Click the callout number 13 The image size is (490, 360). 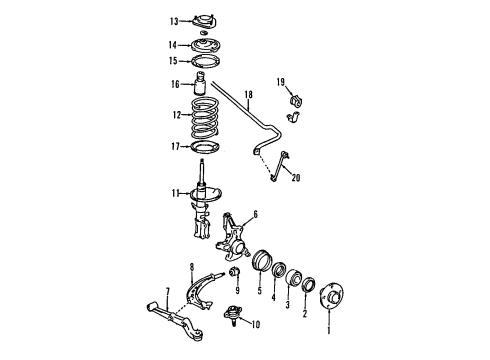[x=173, y=21]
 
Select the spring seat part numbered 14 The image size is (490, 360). [x=206, y=45]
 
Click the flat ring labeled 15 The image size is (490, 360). [x=206, y=62]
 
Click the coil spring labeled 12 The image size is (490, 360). [x=206, y=118]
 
